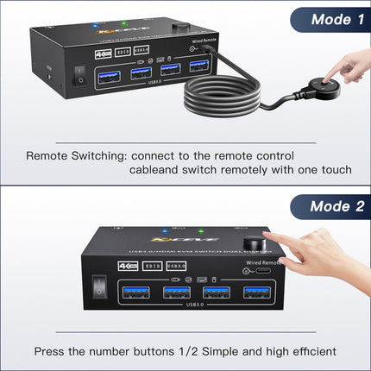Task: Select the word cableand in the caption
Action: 158,170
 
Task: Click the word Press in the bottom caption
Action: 52,352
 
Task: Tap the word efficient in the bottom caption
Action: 310,352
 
